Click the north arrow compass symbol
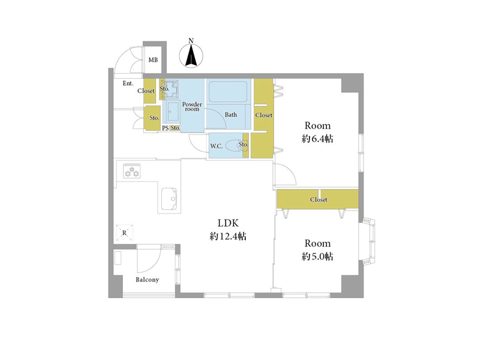click(191, 56)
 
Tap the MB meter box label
click(153, 60)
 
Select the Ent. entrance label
click(128, 83)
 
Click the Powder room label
click(192, 106)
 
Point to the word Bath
click(231, 115)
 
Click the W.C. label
click(216, 146)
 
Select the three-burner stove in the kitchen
click(132, 171)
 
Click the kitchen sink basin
click(169, 199)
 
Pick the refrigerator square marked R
click(124, 233)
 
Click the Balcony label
click(148, 280)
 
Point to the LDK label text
click(228, 223)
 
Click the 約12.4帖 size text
click(228, 236)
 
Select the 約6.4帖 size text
click(317, 139)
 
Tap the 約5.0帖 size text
click(317, 257)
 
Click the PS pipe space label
click(165, 128)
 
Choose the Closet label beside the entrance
click(146, 91)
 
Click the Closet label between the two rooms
click(318, 200)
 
